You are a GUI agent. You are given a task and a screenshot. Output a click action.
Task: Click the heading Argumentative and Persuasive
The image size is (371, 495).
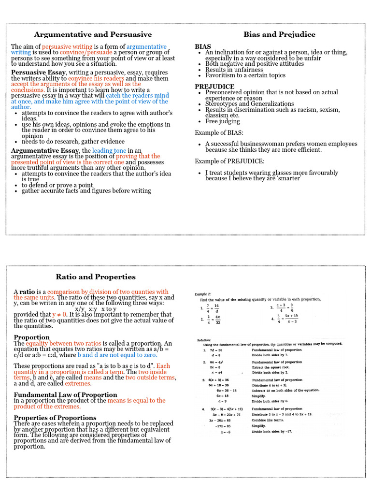[x=93, y=34]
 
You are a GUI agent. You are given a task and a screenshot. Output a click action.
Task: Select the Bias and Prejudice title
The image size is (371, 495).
[x=279, y=34]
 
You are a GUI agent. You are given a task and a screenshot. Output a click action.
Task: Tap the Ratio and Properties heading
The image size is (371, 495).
[x=96, y=277]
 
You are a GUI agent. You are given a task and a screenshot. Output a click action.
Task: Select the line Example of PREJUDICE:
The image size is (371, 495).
[x=229, y=161]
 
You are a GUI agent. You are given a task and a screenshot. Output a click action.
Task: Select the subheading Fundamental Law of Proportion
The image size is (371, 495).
[x=65, y=395]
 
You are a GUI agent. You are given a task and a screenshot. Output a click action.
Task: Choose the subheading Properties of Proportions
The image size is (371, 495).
[x=55, y=418]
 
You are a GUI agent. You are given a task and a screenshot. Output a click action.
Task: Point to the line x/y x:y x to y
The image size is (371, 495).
[x=96, y=309]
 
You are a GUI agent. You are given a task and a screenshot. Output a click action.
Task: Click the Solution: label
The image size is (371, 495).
[x=204, y=340]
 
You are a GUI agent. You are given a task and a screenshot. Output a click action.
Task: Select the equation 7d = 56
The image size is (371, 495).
[x=215, y=349]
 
